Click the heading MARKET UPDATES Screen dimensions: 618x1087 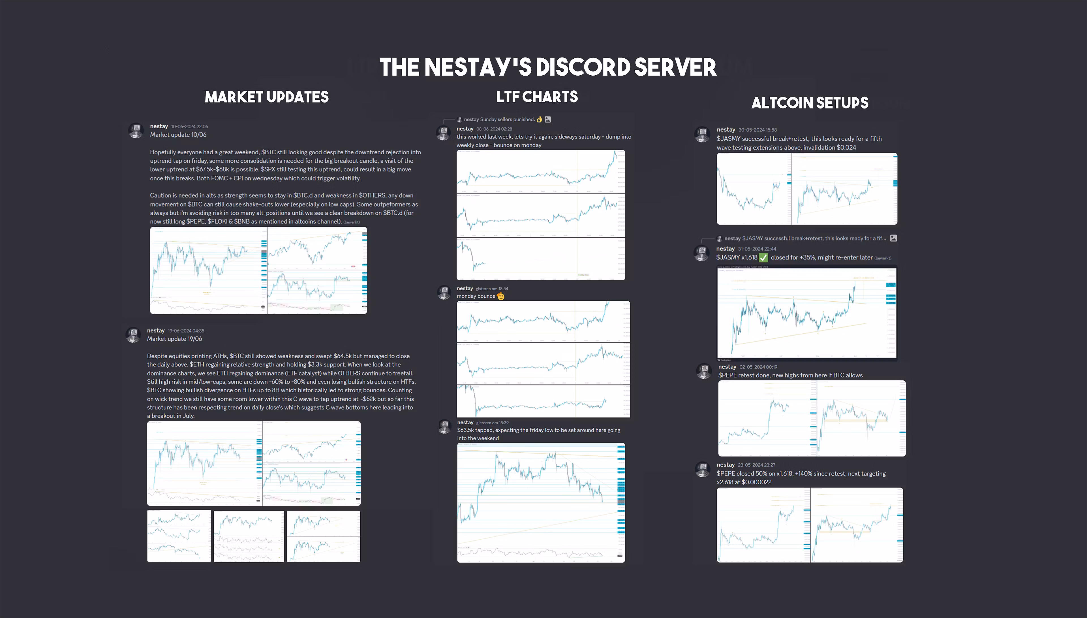click(x=266, y=97)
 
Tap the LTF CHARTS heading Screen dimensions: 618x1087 click(x=537, y=97)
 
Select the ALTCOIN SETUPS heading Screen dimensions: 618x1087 click(x=810, y=103)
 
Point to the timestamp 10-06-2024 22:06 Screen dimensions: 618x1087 click(x=190, y=127)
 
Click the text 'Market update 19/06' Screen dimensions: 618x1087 click(x=174, y=339)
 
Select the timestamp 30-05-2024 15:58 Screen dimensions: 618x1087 click(x=758, y=130)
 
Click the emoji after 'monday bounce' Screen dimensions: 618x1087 click(x=501, y=296)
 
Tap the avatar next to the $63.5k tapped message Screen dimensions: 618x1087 click(x=444, y=427)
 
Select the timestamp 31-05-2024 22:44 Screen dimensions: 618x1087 click(x=757, y=249)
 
